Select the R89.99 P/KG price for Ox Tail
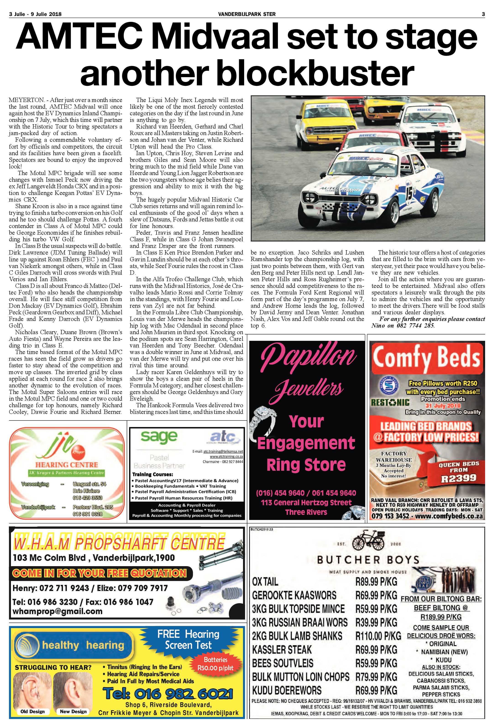(376, 582)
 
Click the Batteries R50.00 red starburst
(215, 664)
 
